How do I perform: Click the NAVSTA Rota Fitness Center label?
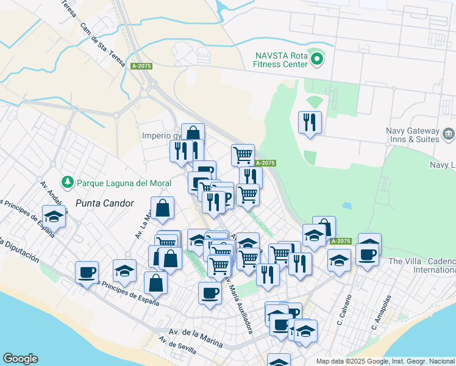coord(281,59)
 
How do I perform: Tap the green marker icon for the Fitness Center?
coord(317,59)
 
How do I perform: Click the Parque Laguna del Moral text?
coord(113,182)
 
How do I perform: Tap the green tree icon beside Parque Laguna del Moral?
coord(67,182)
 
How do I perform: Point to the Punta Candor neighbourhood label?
coord(104,203)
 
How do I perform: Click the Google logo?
coord(20,359)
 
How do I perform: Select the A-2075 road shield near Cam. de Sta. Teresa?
coord(140,66)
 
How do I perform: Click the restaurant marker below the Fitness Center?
coord(310,123)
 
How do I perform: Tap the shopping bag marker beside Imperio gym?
coord(193,133)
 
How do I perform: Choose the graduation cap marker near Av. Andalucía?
coord(54,216)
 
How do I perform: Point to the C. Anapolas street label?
coord(380,313)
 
